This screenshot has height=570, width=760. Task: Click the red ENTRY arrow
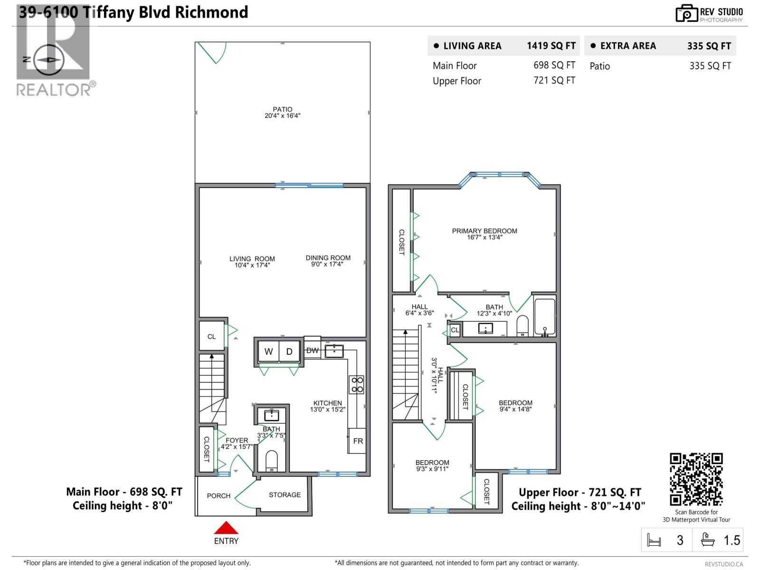tap(226, 528)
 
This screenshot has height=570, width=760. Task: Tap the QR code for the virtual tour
tap(696, 479)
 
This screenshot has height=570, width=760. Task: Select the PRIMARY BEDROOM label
tap(484, 231)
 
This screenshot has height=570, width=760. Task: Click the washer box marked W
tap(268, 351)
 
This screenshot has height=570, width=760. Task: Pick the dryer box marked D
tap(289, 351)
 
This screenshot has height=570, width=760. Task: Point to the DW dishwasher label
tap(313, 351)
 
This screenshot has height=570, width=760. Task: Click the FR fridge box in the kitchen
tap(358, 441)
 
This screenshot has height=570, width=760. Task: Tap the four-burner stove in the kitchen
tap(357, 385)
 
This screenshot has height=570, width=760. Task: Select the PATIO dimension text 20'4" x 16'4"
tap(283, 116)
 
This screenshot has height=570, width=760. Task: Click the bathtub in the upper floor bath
tap(544, 316)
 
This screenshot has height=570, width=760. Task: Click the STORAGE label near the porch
tap(285, 495)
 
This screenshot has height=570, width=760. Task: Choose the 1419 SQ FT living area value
tap(551, 46)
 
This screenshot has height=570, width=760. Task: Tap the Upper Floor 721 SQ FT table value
tap(554, 80)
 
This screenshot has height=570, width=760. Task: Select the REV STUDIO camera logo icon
tap(686, 13)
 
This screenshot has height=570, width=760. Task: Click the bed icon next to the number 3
tap(654, 541)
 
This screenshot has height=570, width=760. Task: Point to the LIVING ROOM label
tap(252, 259)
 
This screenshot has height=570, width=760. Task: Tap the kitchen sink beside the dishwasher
tap(334, 351)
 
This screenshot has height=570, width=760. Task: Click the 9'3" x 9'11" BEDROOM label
tap(432, 465)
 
